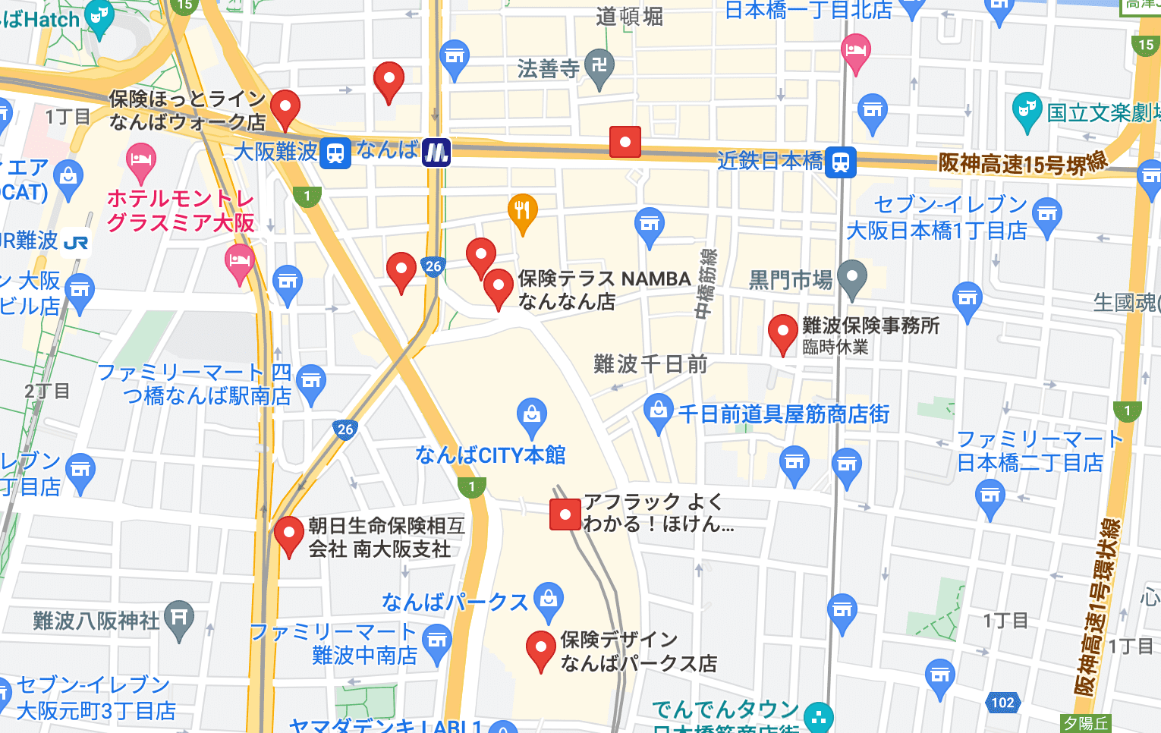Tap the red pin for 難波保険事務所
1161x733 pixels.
(x=782, y=331)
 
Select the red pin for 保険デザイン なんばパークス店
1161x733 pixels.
(x=540, y=647)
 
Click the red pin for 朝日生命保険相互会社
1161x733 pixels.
(x=288, y=533)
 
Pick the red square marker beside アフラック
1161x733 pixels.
(x=565, y=514)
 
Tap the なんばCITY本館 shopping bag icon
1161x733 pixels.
(x=531, y=414)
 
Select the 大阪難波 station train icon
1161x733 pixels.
(x=335, y=153)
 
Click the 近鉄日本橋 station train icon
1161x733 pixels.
(x=841, y=162)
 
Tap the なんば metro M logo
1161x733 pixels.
(x=436, y=153)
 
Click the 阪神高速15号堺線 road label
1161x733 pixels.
(x=1022, y=162)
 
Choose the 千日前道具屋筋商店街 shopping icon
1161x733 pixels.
(x=658, y=411)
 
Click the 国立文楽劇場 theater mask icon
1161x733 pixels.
(x=1026, y=109)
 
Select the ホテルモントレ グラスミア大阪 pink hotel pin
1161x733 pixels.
(x=140, y=160)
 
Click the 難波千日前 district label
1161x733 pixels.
(x=650, y=364)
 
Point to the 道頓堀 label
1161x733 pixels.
(x=629, y=16)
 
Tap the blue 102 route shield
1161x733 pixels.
(x=1002, y=702)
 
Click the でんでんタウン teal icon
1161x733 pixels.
(x=818, y=716)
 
